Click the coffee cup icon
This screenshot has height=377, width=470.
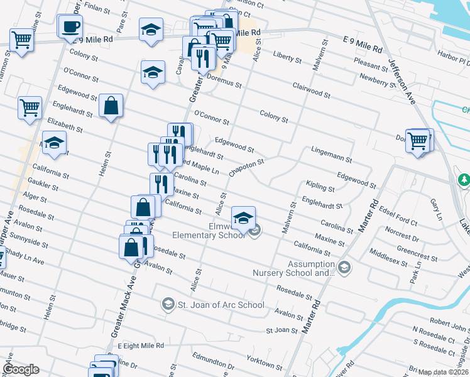(70, 27)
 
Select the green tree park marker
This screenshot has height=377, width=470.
(464, 181)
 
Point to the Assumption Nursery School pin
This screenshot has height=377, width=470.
(344, 268)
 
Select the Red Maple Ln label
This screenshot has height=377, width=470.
(200, 170)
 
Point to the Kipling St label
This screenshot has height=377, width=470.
(319, 187)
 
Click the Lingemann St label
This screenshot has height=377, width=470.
(331, 151)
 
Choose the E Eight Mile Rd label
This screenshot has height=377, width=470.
(140, 346)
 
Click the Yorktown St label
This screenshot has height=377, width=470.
(264, 363)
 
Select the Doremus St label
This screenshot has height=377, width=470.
(224, 82)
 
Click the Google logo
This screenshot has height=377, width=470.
(21, 369)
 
